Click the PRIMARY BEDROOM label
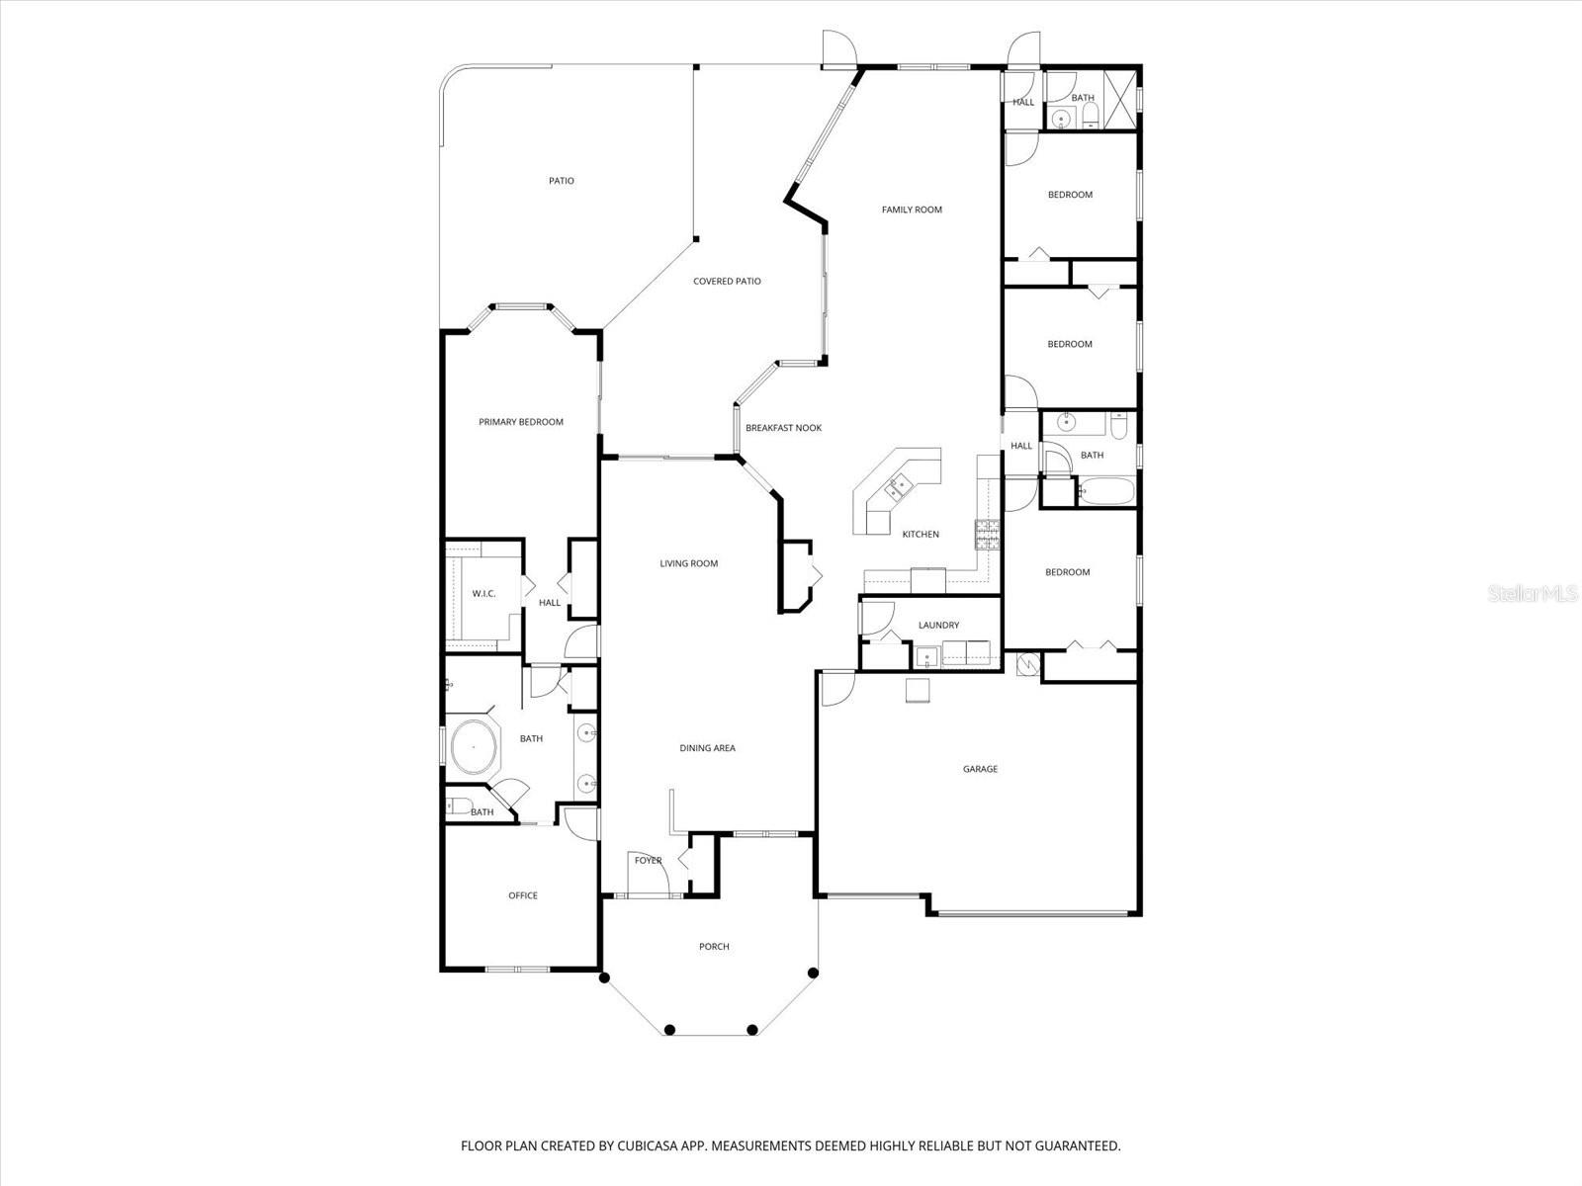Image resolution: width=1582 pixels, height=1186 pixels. pos(521,422)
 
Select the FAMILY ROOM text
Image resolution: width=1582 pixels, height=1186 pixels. pos(912,210)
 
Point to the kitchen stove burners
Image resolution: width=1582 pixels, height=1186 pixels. pos(988,534)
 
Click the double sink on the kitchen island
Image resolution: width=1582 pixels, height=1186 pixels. pos(900,486)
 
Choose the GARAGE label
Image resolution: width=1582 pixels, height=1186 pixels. pos(981,769)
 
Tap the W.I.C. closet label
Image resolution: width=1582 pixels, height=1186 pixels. pos(483,593)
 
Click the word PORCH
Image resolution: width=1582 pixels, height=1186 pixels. pos(714,947)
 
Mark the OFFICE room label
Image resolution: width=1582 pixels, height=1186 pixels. pos(523,895)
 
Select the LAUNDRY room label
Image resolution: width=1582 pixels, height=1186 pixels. pos(938,625)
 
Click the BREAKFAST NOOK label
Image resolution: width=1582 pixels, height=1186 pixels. pos(783,428)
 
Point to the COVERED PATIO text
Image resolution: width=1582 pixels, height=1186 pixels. pos(727,282)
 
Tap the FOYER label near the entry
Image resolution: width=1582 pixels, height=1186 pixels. pos(649,861)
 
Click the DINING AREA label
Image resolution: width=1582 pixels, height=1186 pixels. pos(707,748)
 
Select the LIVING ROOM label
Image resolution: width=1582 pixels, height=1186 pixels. pos(689,563)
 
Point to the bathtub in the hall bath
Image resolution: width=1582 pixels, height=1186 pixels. pos(1104,491)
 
